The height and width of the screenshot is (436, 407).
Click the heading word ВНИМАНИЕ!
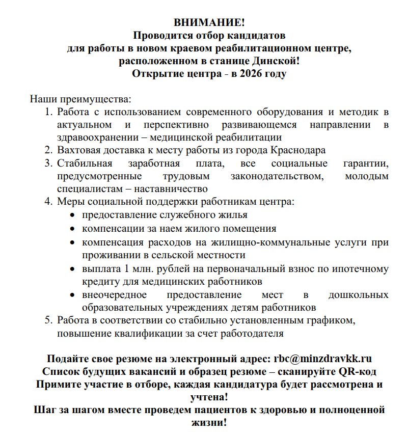(209, 23)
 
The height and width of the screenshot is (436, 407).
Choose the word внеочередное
(114, 295)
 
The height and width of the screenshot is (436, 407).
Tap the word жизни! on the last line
(208, 422)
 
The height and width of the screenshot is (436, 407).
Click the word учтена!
(208, 396)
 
